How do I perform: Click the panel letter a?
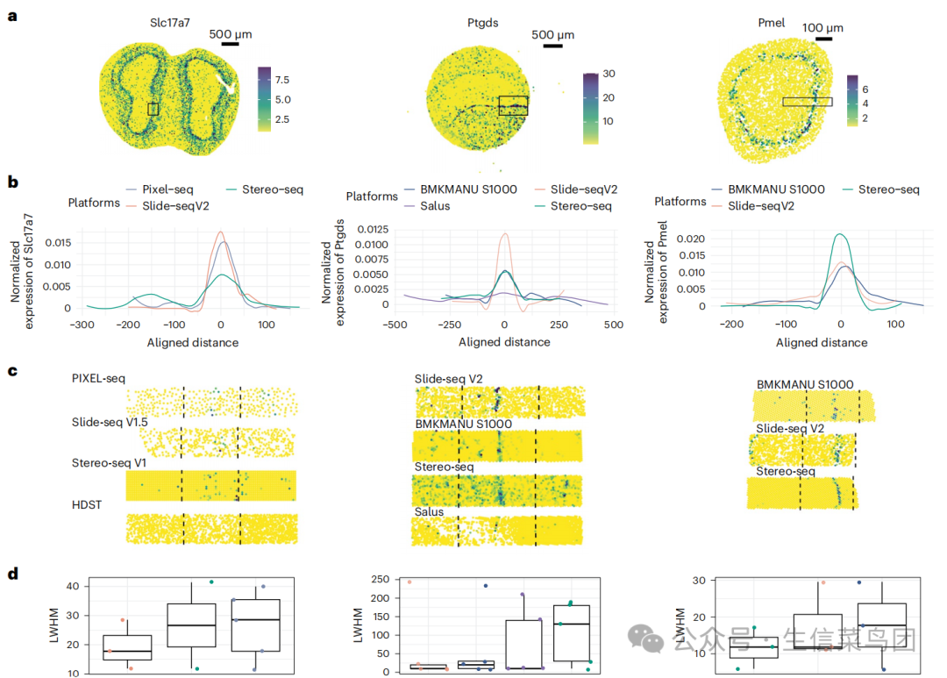coord(12,15)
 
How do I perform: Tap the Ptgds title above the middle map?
coord(481,24)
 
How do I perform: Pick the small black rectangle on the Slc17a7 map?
coord(153,109)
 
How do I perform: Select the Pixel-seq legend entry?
coord(167,189)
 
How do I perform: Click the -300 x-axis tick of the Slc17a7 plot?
coord(85,325)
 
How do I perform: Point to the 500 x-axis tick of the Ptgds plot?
coord(611,325)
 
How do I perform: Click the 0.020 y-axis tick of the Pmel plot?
coord(693,238)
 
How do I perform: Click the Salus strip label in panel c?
coord(430,511)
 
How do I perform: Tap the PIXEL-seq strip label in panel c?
coord(99,378)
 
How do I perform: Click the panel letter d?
coord(12,575)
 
